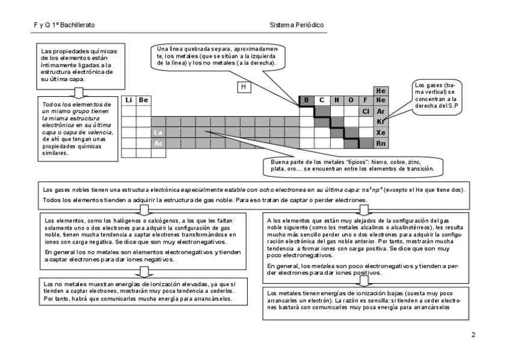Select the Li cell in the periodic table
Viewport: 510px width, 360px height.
click(129, 100)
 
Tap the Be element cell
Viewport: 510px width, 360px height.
click(143, 100)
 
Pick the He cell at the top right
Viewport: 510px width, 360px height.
click(380, 90)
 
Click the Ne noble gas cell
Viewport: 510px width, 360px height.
click(380, 100)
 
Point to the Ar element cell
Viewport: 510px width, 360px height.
click(380, 111)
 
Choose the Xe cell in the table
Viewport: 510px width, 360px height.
click(380, 133)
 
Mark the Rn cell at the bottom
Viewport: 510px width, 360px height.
click(380, 144)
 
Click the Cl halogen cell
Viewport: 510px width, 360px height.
click(365, 111)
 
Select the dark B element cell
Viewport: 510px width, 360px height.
click(306, 100)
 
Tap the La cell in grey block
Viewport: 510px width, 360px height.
click(158, 133)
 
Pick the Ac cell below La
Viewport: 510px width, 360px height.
click(158, 144)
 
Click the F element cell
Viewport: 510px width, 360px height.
click(365, 100)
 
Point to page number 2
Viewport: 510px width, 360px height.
click(473, 335)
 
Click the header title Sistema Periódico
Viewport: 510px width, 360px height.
click(297, 25)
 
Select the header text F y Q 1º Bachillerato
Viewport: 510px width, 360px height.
click(64, 25)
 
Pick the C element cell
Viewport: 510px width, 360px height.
click(321, 100)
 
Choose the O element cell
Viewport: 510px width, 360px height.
click(351, 100)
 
